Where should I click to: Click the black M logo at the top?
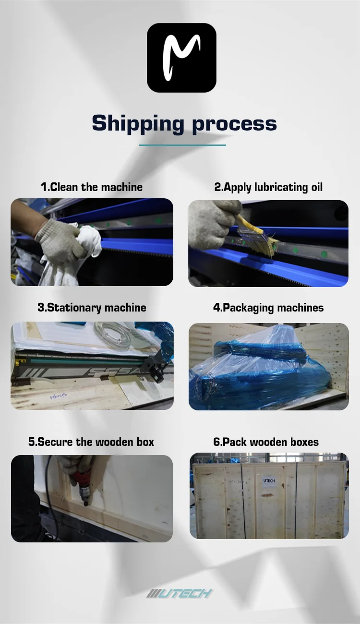181,58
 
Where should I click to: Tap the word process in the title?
234,124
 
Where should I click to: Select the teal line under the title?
182,144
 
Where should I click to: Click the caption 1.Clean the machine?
92,187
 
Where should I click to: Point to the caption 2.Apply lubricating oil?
268,187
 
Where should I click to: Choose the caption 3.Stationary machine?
92,307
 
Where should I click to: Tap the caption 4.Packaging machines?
268,307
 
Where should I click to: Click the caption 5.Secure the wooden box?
91,442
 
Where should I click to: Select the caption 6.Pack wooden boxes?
266,442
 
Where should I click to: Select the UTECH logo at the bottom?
180,593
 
